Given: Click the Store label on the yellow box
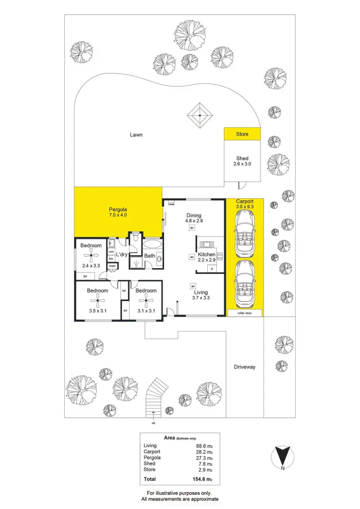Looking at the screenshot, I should coord(242,134).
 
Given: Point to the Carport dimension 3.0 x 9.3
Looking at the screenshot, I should coord(244,206).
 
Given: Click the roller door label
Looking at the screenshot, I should coord(244,313).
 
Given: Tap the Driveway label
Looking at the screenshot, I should coord(244,367).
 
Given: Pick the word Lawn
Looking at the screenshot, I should coord(136,135).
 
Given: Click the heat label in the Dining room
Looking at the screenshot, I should coord(171,204).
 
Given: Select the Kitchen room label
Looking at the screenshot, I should coord(207,254).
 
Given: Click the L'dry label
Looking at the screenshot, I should coord(120,255).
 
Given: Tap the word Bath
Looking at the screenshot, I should coord(149,256).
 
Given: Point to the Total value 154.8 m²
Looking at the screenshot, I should coord(202,478).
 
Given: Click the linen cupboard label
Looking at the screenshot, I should coord(112,266).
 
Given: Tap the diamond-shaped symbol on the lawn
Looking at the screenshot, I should coord(199,115).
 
